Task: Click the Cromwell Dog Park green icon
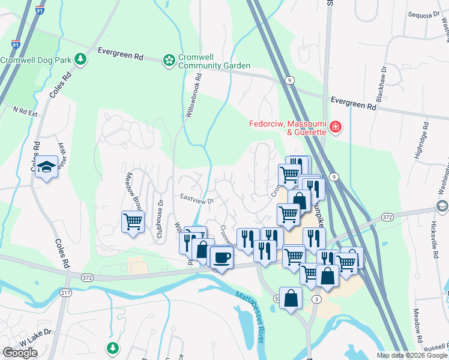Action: pos(80,59)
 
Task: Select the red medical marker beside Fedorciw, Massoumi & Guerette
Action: pos(334,127)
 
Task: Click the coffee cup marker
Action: pos(221,257)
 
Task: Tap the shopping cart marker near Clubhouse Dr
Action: pos(133,221)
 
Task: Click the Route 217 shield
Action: pos(65,292)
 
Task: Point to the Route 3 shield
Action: pos(316,299)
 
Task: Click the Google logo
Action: pos(20,353)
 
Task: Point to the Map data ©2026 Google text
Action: pos(411,355)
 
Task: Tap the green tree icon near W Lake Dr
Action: pos(112,347)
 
